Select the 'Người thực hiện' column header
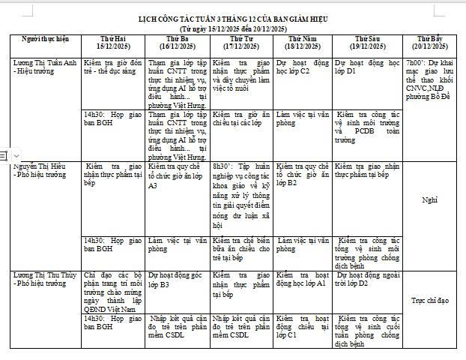pyautogui.click(x=45, y=38)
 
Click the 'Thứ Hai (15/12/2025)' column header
pyautogui.click(x=113, y=42)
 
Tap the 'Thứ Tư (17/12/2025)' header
pyautogui.click(x=240, y=42)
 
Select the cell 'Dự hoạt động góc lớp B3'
pyautogui.click(x=178, y=280)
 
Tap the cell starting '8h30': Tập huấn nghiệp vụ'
pyautogui.click(x=240, y=193)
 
